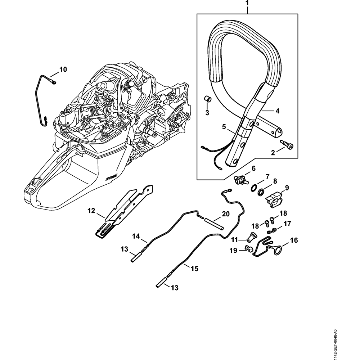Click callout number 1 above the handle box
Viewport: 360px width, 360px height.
247,3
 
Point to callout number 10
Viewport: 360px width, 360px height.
63,69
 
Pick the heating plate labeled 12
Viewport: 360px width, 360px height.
122,209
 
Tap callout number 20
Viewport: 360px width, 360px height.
226,214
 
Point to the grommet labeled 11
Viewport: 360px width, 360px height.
252,237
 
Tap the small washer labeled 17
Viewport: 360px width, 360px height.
274,230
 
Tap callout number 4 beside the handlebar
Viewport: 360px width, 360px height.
277,111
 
